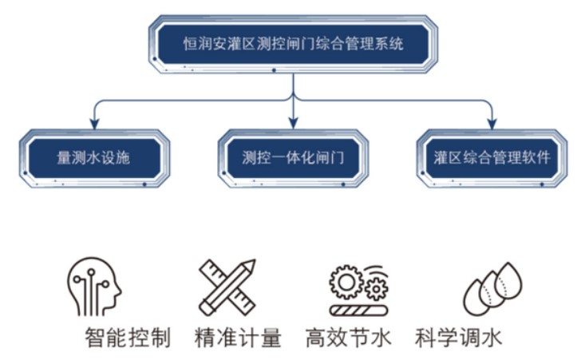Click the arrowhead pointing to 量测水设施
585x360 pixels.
94,122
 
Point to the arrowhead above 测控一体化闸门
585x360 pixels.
293,122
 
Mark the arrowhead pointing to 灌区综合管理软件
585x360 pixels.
492,122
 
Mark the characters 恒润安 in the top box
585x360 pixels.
204,44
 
